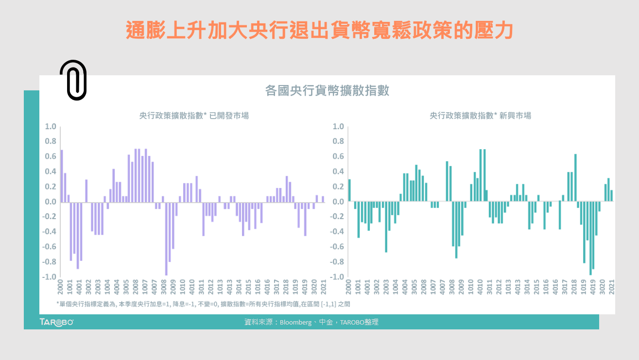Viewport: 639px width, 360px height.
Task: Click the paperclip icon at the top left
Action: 73,80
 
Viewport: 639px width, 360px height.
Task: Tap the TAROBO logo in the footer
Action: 56,322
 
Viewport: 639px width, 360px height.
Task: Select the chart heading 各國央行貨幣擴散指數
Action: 327,90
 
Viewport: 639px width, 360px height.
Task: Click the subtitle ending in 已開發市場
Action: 194,116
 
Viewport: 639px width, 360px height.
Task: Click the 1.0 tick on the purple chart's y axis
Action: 51,127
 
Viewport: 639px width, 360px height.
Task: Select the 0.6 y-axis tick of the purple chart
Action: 51,156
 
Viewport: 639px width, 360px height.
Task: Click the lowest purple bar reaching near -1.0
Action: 166,238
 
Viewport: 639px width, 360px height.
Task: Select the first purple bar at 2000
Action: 62,175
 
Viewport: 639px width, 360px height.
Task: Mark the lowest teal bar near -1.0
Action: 590,238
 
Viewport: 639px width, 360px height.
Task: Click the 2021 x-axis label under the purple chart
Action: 323,287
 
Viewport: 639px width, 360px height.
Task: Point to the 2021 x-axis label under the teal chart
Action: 611,287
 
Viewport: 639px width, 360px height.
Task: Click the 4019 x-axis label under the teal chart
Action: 592,287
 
